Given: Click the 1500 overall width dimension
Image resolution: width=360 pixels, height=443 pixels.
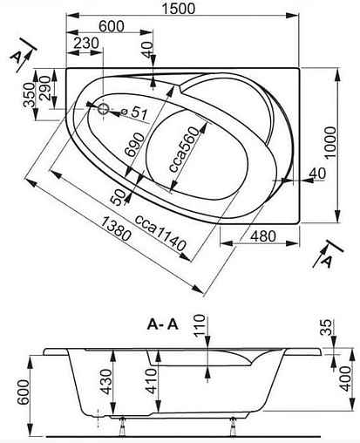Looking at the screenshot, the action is pos(179,8).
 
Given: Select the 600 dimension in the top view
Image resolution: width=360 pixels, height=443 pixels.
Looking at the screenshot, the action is pos(112,26).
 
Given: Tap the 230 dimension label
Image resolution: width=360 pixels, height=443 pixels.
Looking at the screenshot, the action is pos(86,43).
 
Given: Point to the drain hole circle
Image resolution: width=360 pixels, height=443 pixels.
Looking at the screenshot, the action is pos(103,109).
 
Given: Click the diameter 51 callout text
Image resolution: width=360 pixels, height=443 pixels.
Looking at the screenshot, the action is pos(135,112).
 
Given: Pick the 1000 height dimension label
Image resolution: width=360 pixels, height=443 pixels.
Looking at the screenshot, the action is pos(330,142).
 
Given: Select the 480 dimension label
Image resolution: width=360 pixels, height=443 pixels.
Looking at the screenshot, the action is pos(263,236).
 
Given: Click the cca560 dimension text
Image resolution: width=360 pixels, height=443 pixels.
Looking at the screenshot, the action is pos(184,149).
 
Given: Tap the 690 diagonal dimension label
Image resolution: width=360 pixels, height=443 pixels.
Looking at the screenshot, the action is pos(134,145).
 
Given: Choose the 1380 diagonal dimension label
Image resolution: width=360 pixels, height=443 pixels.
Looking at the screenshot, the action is pos(116,229).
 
